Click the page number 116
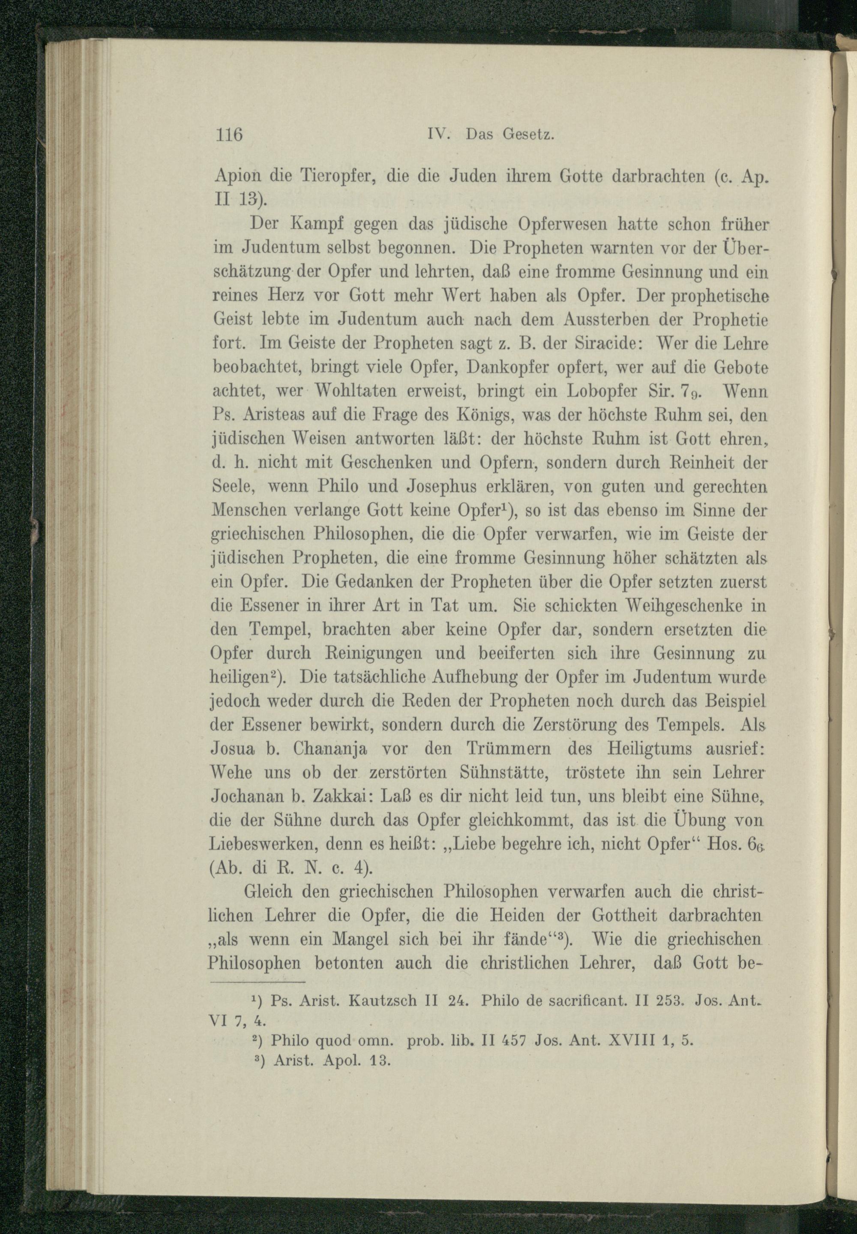point(229,134)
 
